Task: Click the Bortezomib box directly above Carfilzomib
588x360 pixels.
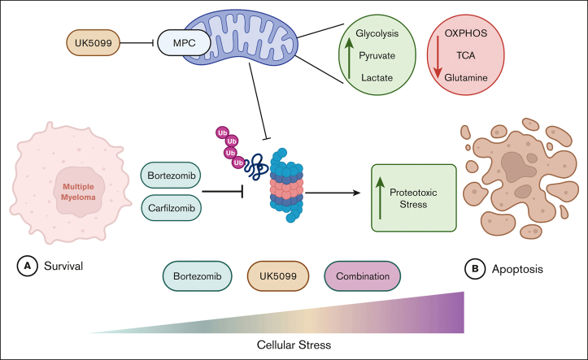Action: [172, 175]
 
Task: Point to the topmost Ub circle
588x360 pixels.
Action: [220, 132]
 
